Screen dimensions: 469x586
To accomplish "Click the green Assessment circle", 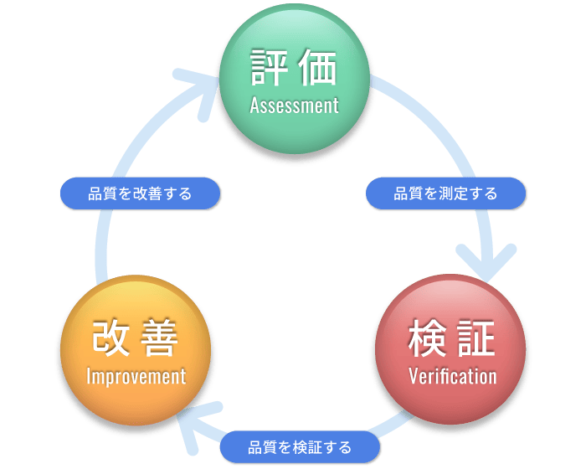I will coord(294,80).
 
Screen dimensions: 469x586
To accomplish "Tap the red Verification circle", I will coord(452,349).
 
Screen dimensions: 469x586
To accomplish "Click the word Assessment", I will coord(294,106).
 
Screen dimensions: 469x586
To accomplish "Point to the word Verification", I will coord(452,376).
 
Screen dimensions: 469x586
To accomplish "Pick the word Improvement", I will coord(136,376).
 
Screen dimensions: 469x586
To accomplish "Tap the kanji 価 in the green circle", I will coord(318,69).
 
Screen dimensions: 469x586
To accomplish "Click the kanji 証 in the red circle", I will coord(476,338).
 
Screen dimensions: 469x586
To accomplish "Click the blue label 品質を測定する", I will coord(445,193).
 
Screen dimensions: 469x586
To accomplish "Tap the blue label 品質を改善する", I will coord(140,193).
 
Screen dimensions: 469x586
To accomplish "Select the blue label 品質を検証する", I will coord(300,446).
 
